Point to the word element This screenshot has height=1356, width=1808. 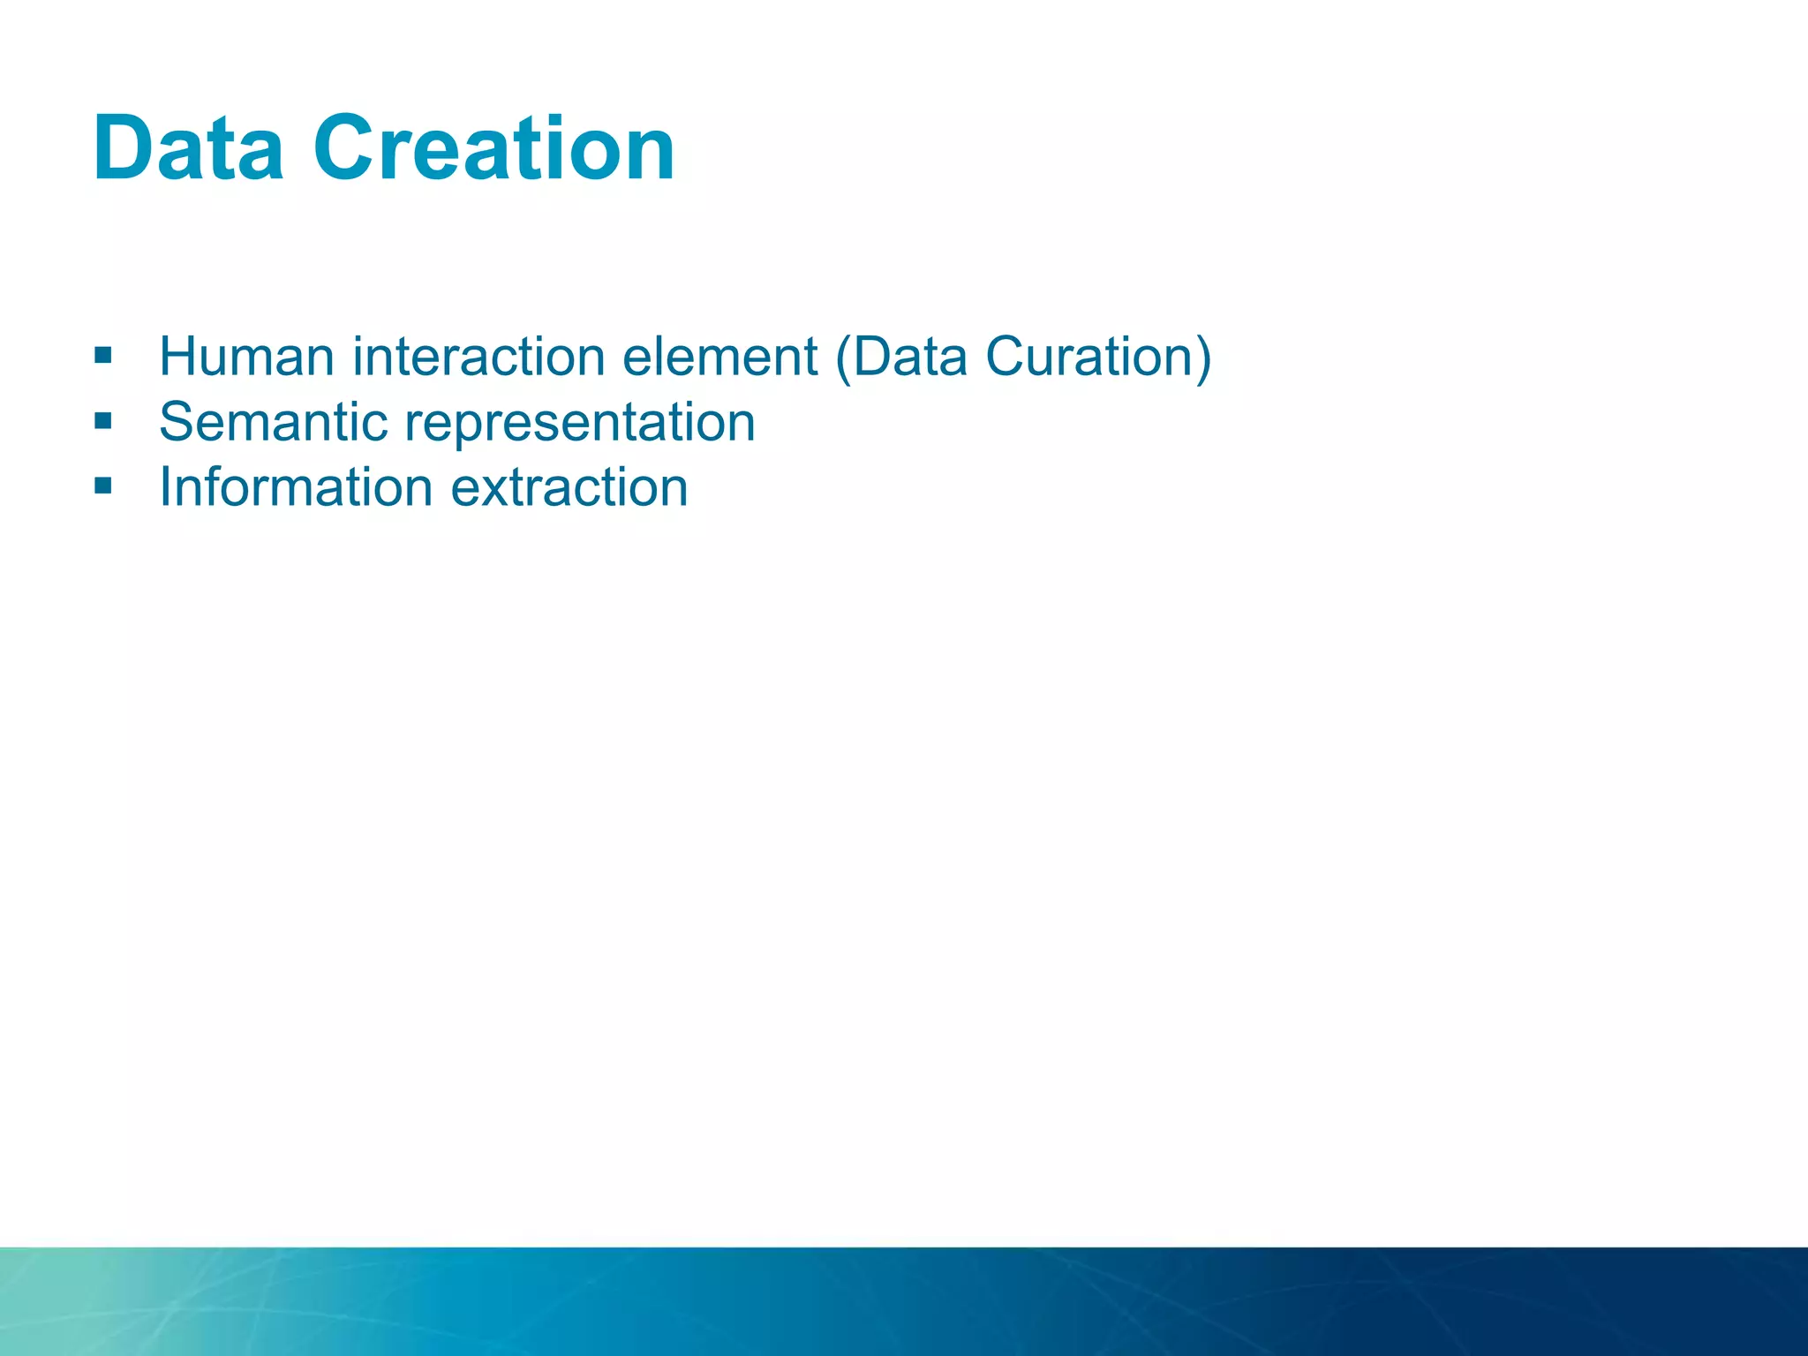pyautogui.click(x=719, y=357)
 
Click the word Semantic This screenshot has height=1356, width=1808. pyautogui.click(x=273, y=422)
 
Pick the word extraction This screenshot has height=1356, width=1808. pyautogui.click(x=569, y=487)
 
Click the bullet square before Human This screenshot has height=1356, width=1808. pyautogui.click(x=103, y=356)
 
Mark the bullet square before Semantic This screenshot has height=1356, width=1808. pyautogui.click(x=103, y=421)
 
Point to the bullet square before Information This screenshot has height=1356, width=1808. pyautogui.click(x=103, y=486)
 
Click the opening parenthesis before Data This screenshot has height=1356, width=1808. pyautogui.click(x=842, y=358)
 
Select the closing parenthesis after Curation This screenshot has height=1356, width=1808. pyautogui.click(x=1203, y=358)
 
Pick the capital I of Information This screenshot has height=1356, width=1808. pyautogui.click(x=165, y=487)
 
